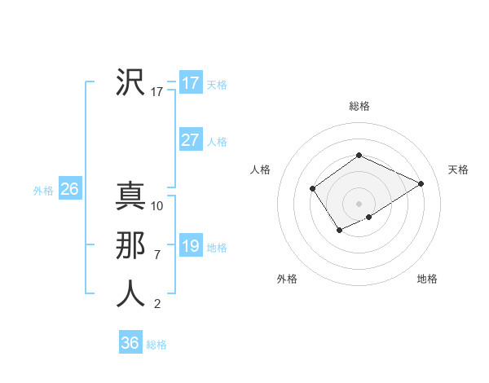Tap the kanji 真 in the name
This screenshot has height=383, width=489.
click(130, 196)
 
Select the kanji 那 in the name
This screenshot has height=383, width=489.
click(130, 245)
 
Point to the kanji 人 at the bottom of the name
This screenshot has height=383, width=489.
click(130, 294)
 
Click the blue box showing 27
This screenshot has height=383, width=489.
click(191, 139)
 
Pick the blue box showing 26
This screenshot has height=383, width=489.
click(69, 189)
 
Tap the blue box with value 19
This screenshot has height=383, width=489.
click(191, 245)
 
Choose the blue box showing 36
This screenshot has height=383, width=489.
click(130, 342)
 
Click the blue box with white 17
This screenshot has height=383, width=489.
click(191, 82)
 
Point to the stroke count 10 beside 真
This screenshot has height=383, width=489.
click(157, 206)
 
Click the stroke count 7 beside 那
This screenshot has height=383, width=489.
click(157, 255)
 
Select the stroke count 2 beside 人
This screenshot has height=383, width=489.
click(157, 304)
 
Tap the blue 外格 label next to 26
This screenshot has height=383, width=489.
click(43, 191)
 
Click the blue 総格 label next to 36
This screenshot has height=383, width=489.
click(157, 345)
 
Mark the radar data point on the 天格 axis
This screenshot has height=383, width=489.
click(421, 183)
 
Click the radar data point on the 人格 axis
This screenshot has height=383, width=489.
click(313, 189)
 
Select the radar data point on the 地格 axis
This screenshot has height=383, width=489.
click(369, 217)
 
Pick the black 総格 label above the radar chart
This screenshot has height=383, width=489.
click(359, 106)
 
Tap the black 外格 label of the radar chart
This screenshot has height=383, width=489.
click(287, 279)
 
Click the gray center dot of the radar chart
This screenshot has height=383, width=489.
click(359, 204)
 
